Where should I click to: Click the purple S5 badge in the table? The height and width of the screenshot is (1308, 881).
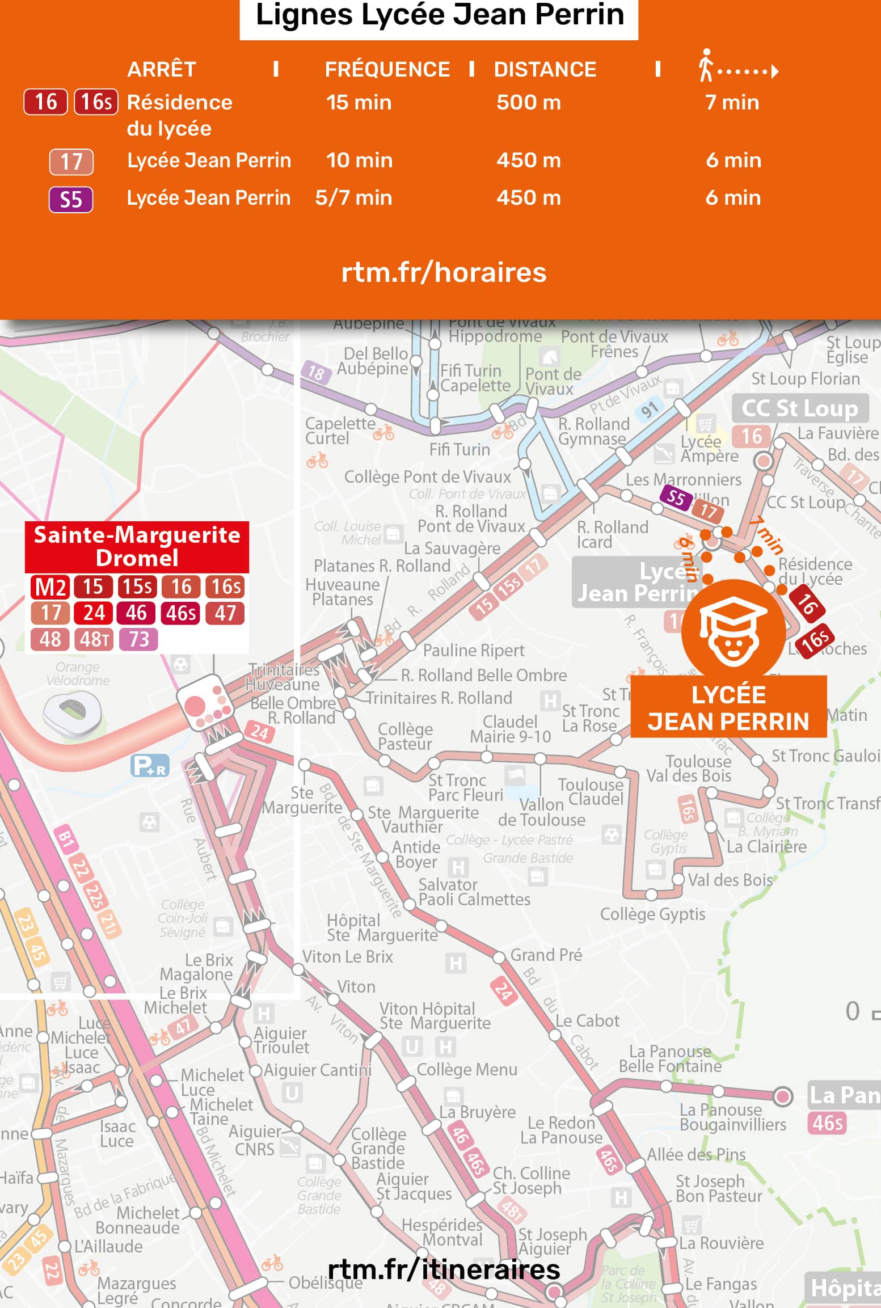click(71, 200)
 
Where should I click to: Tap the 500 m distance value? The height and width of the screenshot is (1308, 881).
click(528, 103)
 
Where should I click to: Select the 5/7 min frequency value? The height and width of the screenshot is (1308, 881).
click(353, 198)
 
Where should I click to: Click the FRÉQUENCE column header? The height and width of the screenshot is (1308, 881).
click(387, 69)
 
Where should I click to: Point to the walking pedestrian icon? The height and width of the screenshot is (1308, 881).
click(706, 65)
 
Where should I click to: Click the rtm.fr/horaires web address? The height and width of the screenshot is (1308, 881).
click(444, 272)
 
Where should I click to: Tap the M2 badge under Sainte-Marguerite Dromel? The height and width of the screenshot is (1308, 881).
click(51, 587)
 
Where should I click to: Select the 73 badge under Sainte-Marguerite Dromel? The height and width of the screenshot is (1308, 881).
click(138, 639)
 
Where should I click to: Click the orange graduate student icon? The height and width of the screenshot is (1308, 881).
click(733, 631)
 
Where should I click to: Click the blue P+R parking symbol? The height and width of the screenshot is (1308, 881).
click(150, 766)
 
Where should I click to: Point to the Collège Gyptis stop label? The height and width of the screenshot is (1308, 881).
click(652, 914)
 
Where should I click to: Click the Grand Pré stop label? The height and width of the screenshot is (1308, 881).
click(546, 955)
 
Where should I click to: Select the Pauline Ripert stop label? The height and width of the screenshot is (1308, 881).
click(473, 651)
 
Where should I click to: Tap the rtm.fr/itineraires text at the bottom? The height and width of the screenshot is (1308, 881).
click(444, 1269)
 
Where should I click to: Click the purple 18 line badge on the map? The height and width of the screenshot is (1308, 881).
click(315, 373)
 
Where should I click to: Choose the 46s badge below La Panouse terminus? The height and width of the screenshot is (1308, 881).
click(827, 1123)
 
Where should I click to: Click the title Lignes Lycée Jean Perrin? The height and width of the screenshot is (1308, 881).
click(439, 15)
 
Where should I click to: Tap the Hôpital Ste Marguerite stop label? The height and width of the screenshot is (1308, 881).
click(382, 927)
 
